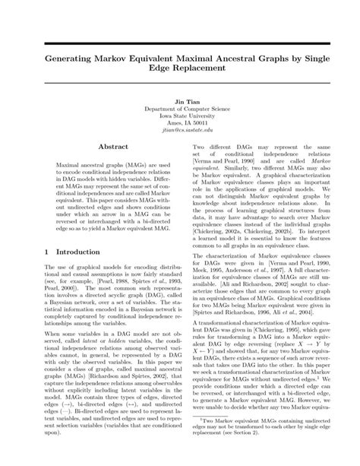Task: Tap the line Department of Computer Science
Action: click(x=179, y=109)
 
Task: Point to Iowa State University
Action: click(x=179, y=116)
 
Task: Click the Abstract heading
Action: click(x=103, y=150)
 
